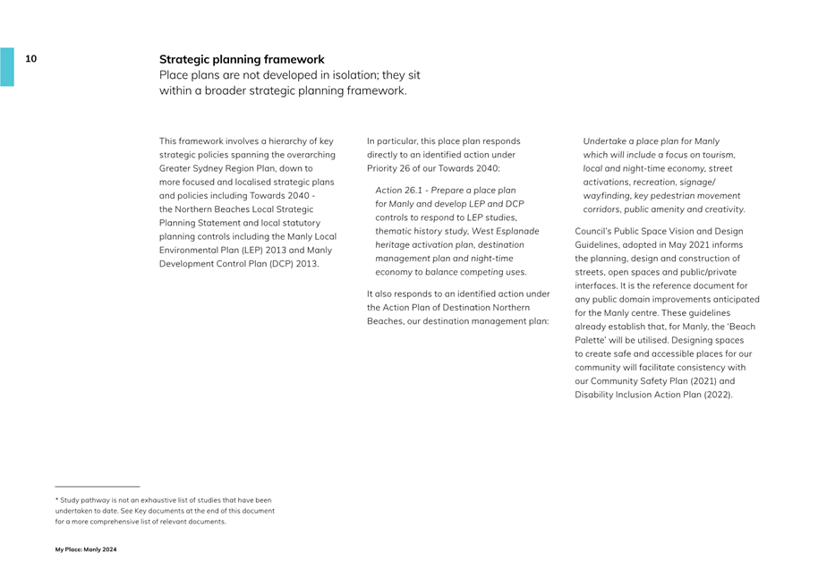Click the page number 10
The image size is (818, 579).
(31, 59)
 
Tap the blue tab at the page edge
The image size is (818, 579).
(7, 66)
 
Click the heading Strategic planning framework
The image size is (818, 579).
(242, 60)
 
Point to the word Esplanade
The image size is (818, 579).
(518, 231)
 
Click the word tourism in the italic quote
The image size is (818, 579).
(716, 155)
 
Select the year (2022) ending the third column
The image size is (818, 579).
(718, 395)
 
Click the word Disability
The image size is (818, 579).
(595, 395)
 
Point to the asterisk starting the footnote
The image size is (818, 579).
(57, 499)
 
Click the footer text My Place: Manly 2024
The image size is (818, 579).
(86, 549)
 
